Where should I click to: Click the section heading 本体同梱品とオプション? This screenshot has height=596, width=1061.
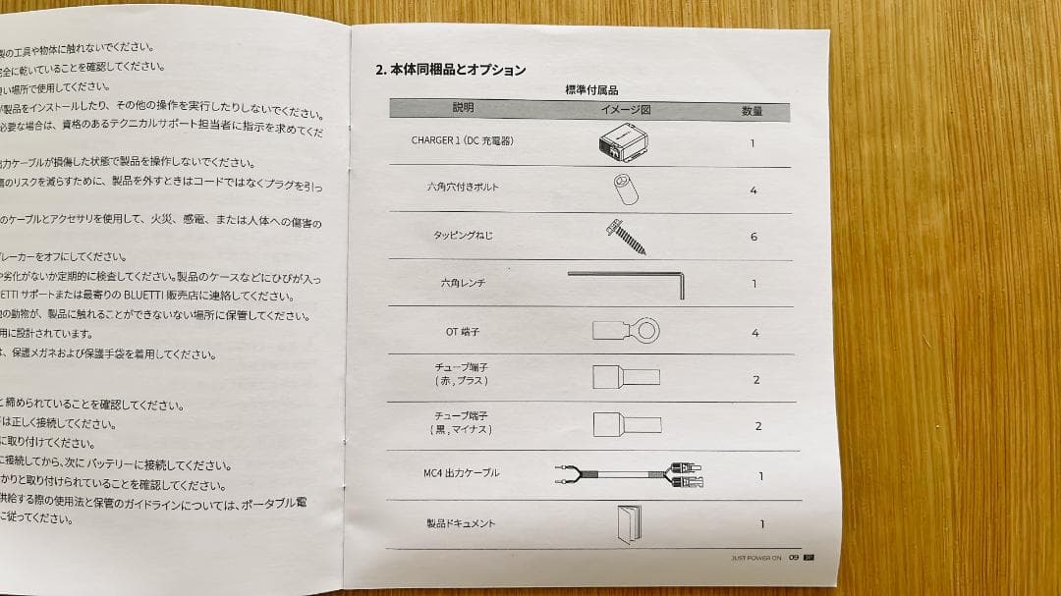point(451,71)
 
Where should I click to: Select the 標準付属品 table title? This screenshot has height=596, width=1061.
point(591,90)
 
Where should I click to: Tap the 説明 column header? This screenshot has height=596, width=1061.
point(463,108)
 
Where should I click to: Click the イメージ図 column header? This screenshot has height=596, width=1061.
point(625,110)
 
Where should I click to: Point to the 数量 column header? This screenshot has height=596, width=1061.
point(752,111)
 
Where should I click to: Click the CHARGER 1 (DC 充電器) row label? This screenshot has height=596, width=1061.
point(462,140)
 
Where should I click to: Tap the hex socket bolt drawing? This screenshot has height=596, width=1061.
point(625,188)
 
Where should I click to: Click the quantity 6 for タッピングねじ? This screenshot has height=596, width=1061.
point(754,237)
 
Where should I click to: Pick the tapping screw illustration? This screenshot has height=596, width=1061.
point(623,235)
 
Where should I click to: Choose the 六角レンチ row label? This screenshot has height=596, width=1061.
point(463,283)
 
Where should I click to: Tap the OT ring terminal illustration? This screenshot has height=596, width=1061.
point(626,330)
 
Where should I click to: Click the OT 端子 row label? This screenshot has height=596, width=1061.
point(463,332)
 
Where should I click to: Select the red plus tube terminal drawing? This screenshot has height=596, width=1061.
point(626,377)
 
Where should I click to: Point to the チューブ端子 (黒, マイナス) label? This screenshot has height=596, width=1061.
point(462,423)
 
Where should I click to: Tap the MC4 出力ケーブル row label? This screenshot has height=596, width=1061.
point(462,473)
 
